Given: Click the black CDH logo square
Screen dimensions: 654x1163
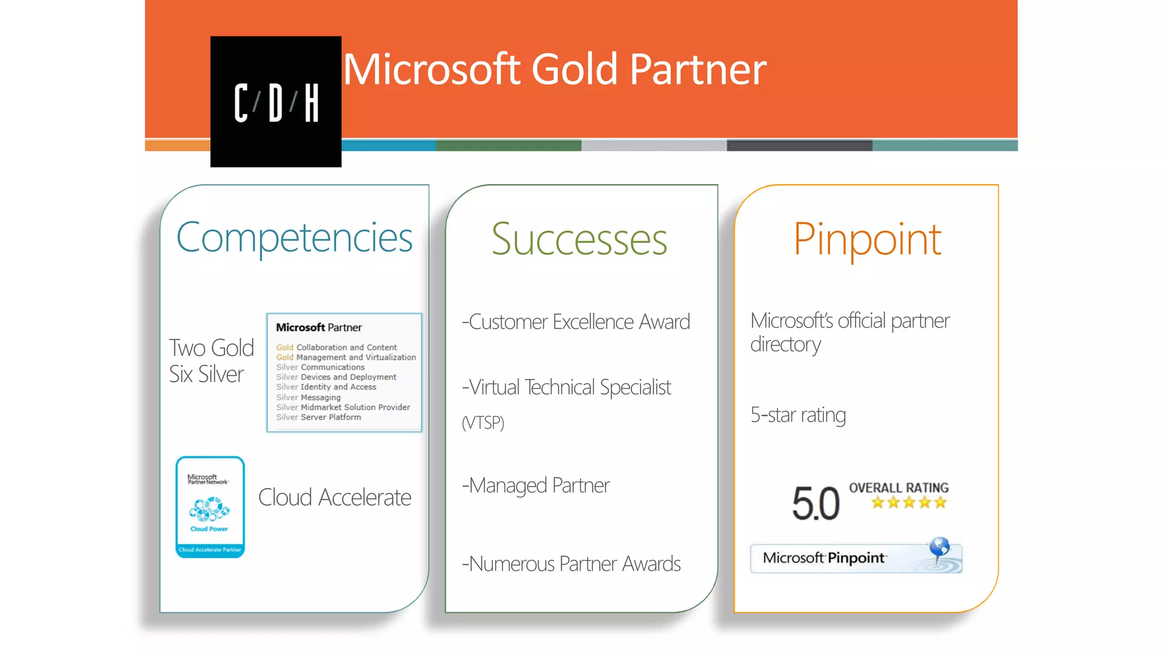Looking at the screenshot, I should click(275, 102).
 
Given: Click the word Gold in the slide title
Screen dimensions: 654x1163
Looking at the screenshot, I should click(574, 69).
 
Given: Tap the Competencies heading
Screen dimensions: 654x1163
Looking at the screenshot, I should click(294, 237).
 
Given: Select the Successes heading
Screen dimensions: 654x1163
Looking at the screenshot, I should click(579, 240).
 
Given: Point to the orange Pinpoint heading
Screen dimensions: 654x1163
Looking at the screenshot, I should click(867, 240).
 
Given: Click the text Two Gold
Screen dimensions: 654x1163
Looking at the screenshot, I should click(211, 347).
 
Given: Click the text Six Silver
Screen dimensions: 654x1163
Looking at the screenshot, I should click(206, 374).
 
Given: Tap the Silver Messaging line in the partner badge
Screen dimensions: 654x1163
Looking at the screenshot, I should click(308, 397).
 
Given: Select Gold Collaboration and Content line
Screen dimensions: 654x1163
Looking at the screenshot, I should click(336, 347).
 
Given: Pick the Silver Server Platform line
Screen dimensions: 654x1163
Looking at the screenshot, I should click(319, 417).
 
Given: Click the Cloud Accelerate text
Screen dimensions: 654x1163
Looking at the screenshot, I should click(334, 497).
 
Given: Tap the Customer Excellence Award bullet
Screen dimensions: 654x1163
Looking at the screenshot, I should click(576, 322).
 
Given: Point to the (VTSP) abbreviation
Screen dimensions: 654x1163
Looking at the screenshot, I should click(483, 422).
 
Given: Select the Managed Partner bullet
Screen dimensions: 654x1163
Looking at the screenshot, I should click(536, 485).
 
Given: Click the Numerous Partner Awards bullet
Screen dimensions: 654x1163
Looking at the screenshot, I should click(571, 564).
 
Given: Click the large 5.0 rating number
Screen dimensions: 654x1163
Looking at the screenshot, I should click(815, 504).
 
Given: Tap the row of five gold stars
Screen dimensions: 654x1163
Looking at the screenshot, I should click(909, 502).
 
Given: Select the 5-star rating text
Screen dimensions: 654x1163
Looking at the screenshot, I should click(798, 415).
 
